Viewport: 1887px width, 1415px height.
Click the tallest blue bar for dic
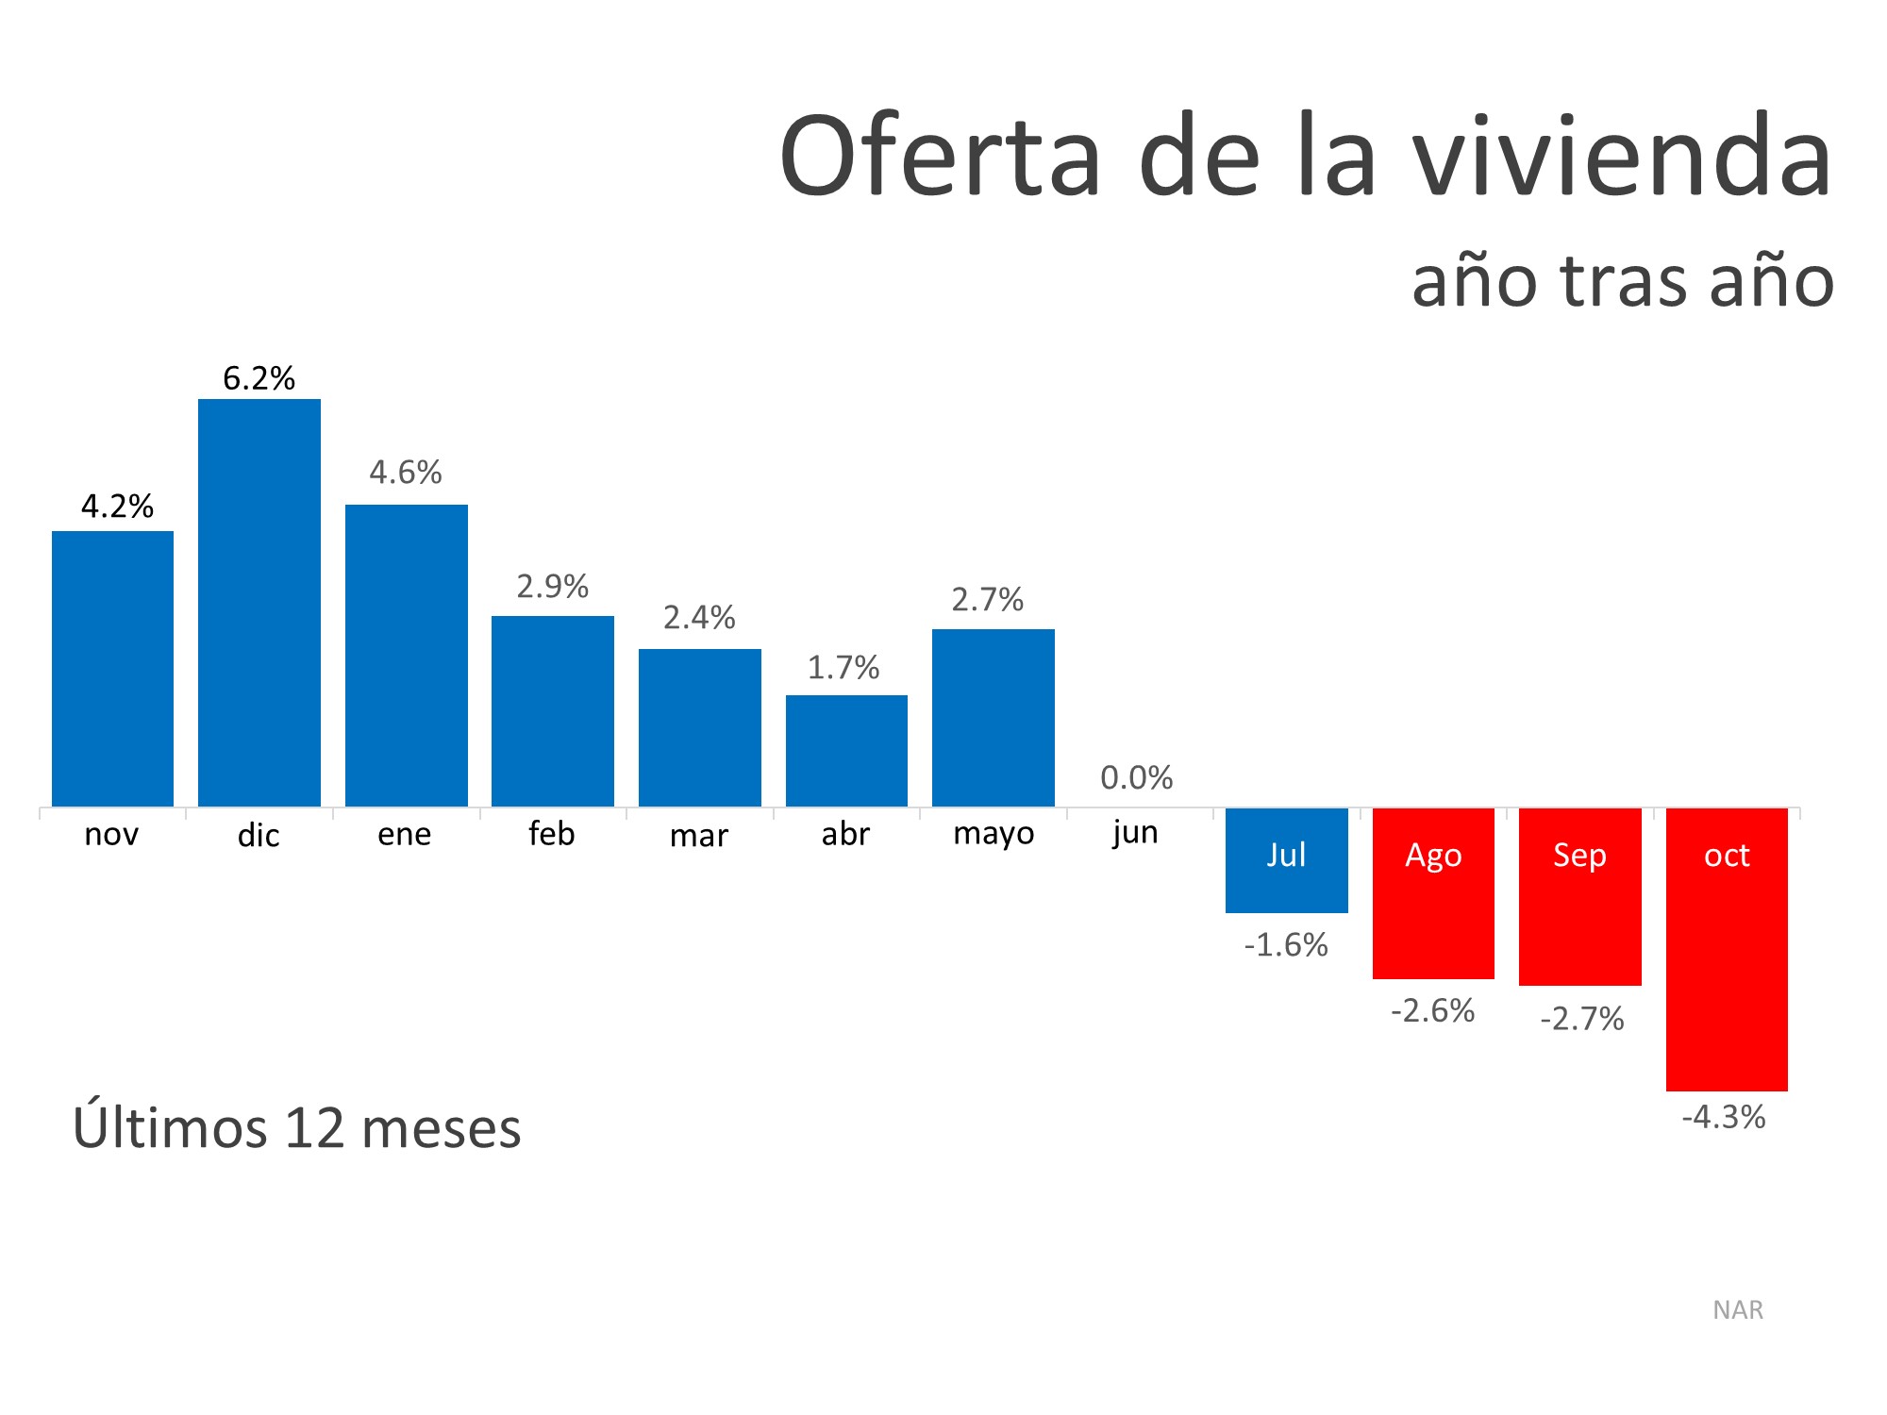tap(259, 604)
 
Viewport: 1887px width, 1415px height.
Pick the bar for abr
tap(846, 751)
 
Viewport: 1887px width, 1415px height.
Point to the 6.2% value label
tap(259, 378)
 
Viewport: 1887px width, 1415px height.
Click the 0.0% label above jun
tap(1136, 777)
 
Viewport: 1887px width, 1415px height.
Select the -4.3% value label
tap(1723, 1117)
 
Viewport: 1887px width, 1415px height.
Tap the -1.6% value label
tap(1285, 944)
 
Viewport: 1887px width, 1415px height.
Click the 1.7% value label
tap(843, 668)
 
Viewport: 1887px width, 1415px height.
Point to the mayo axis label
tap(994, 834)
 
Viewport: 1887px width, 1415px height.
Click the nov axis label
tap(111, 835)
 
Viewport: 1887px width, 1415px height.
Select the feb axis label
tap(552, 834)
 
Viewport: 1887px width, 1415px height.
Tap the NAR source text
tap(1738, 1310)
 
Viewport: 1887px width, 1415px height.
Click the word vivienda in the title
tap(1622, 157)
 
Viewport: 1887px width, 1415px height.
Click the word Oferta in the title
tap(940, 157)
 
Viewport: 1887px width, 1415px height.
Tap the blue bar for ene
tap(406, 656)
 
